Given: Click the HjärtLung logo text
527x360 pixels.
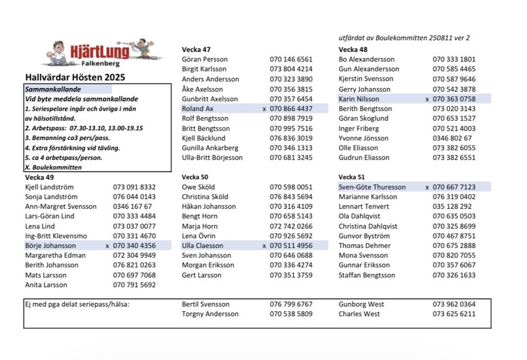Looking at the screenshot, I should [x=100, y=52].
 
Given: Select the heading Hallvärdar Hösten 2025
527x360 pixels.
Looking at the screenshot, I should [x=75, y=77].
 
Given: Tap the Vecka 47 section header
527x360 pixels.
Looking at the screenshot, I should [x=196, y=49].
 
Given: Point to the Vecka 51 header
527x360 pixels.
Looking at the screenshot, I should [x=352, y=177].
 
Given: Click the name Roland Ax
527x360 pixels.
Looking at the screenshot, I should [x=198, y=109].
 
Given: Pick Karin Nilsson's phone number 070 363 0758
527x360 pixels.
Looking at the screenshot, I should [x=454, y=99].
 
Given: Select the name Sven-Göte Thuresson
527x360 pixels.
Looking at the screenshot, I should [x=372, y=187].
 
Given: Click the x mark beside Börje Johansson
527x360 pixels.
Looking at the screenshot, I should [x=107, y=246].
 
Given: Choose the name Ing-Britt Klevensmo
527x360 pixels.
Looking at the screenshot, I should [x=55, y=236].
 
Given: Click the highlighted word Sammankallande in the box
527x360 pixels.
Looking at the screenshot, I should [x=53, y=89].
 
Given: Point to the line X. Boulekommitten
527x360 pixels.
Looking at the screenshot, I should [x=53, y=167].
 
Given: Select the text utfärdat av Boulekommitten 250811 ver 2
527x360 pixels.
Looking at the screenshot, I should [x=404, y=38].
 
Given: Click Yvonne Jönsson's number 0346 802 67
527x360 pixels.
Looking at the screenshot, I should [x=452, y=138].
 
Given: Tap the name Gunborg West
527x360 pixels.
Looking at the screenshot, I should [x=361, y=304].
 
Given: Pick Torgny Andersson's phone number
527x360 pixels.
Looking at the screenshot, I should [x=291, y=314].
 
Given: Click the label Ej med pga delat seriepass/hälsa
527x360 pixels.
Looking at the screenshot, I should [x=77, y=304].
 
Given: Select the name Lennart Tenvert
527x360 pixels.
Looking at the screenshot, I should [x=364, y=206].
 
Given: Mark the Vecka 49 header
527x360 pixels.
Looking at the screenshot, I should [x=40, y=177].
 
